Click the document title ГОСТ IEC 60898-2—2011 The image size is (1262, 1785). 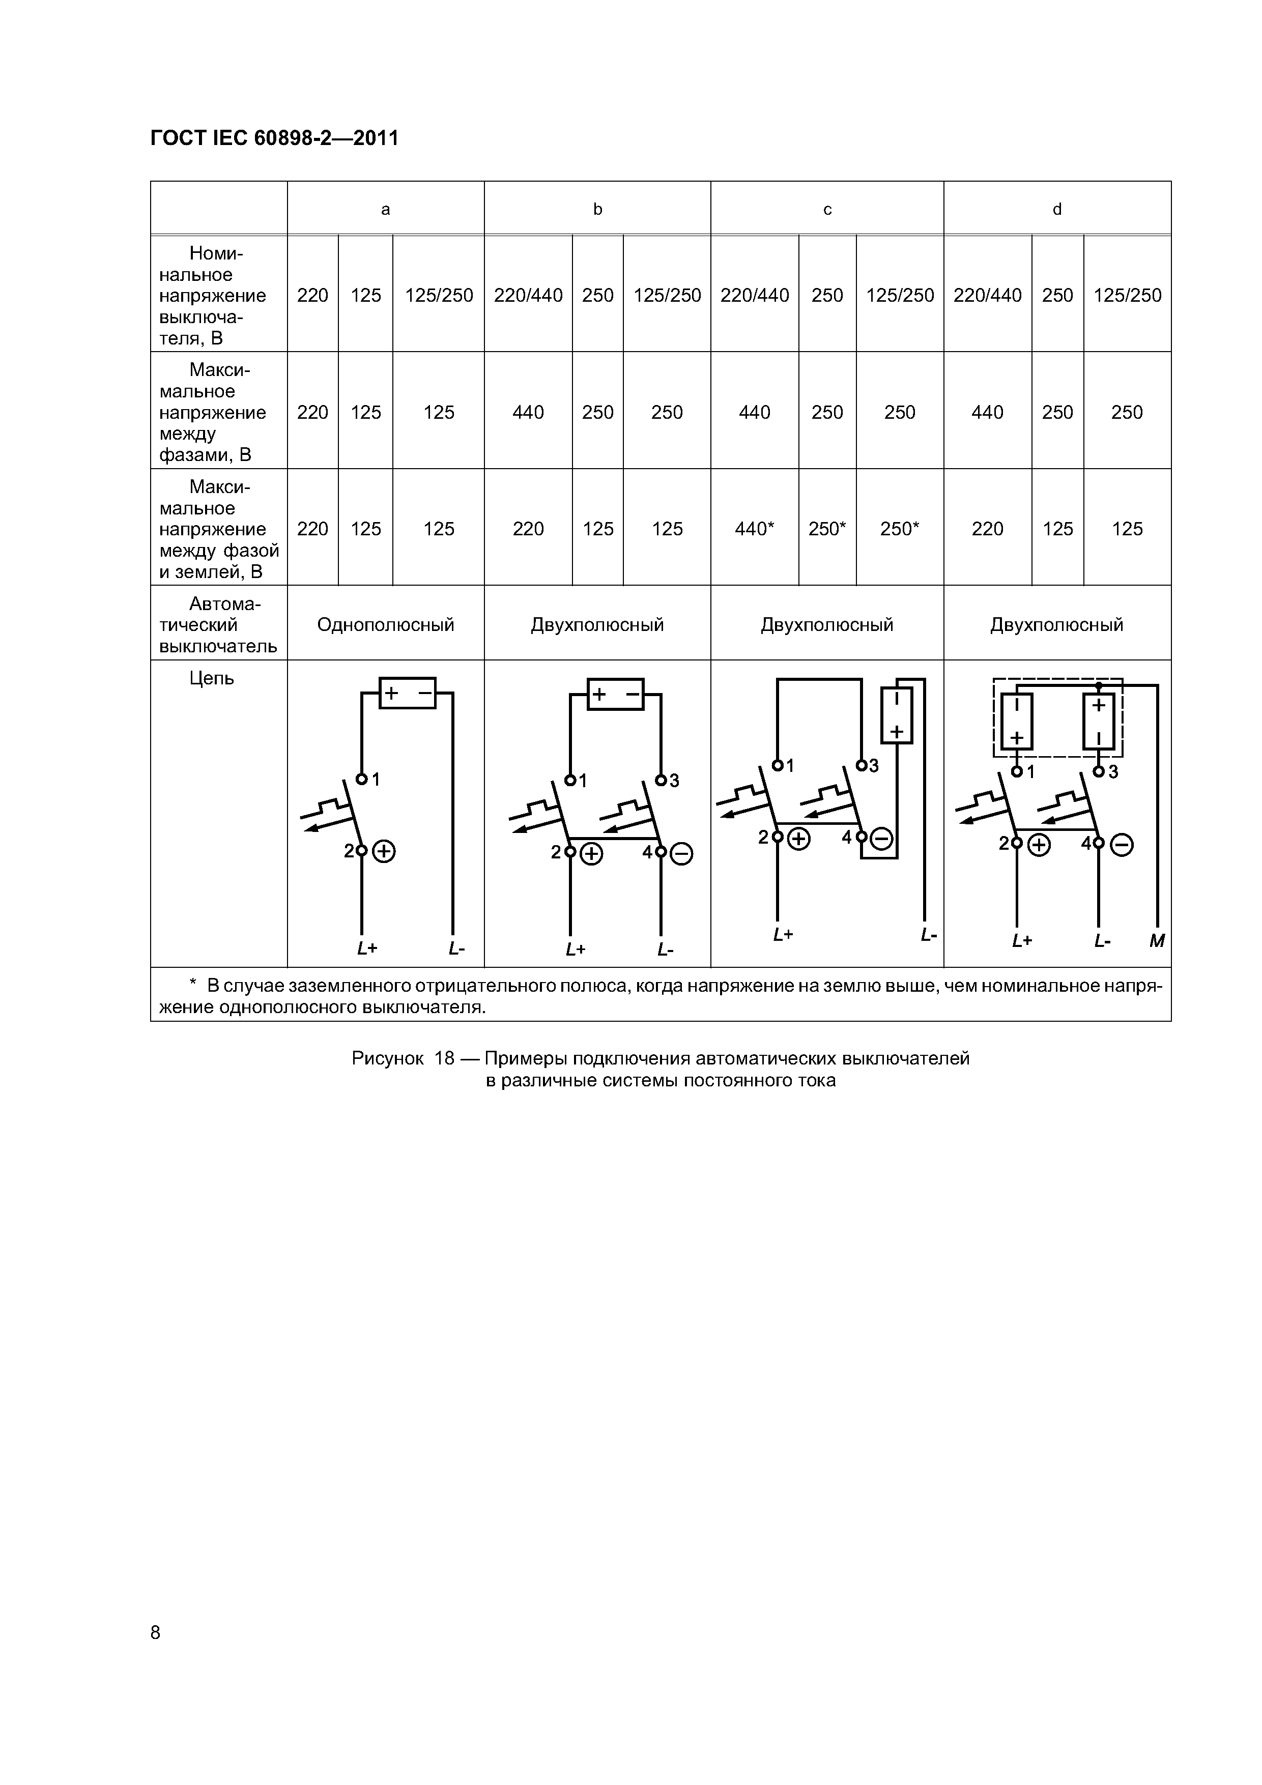pyautogui.click(x=274, y=138)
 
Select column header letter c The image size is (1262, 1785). pyautogui.click(x=827, y=209)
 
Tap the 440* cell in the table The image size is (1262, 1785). pyautogui.click(x=754, y=529)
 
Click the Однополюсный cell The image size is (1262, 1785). pyautogui.click(x=386, y=624)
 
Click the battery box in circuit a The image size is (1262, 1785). pyautogui.click(x=408, y=693)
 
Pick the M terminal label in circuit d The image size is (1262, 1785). pyautogui.click(x=1157, y=941)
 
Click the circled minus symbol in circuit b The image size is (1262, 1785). pyautogui.click(x=681, y=854)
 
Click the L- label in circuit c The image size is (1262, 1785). pyautogui.click(x=928, y=935)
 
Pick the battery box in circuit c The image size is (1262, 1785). pyautogui.click(x=897, y=715)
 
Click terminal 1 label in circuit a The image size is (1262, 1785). pyautogui.click(x=376, y=779)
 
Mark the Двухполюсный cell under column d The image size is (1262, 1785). pyautogui.click(x=1057, y=624)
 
